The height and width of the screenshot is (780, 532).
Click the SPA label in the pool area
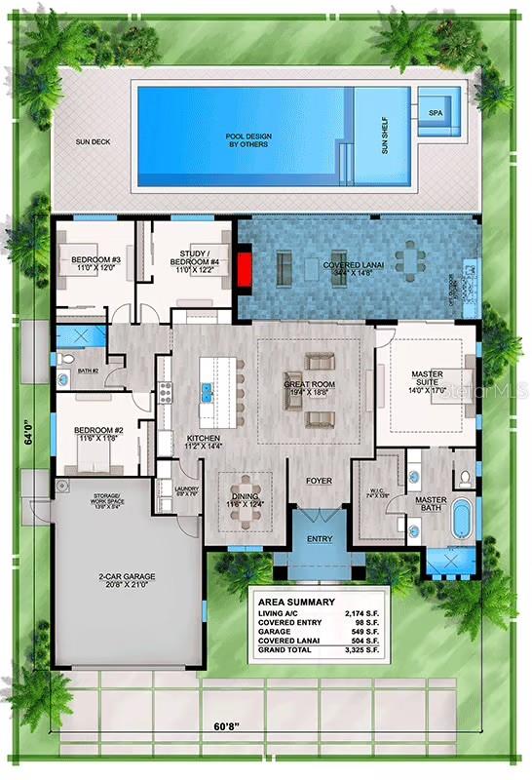[x=435, y=112]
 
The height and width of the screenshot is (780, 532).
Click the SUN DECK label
[x=94, y=142]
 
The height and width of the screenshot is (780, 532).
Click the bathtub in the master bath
[x=459, y=520]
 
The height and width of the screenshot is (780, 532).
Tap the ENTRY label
[x=319, y=539]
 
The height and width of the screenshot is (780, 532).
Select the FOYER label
[x=319, y=481]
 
